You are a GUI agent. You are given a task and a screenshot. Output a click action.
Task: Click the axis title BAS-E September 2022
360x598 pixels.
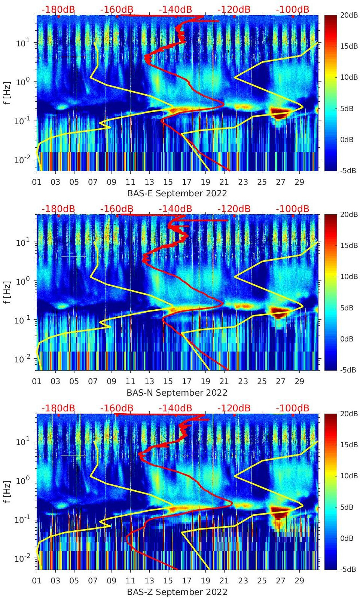pyautogui.click(x=177, y=193)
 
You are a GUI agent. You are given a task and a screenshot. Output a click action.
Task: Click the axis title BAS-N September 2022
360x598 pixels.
pyautogui.click(x=177, y=393)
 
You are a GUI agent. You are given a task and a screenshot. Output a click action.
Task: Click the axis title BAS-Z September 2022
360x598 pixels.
pyautogui.click(x=177, y=592)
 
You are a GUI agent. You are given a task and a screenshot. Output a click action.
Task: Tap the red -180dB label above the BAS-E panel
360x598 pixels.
pyautogui.click(x=58, y=9)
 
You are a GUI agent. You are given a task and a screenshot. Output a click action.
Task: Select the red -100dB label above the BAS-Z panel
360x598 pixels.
pyautogui.click(x=293, y=408)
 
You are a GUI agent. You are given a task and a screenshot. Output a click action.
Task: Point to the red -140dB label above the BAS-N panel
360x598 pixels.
pyautogui.click(x=176, y=209)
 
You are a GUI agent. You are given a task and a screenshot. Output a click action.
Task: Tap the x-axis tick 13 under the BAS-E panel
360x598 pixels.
pyautogui.click(x=149, y=182)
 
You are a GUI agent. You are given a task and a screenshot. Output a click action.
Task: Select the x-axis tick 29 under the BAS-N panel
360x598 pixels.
pyautogui.click(x=299, y=381)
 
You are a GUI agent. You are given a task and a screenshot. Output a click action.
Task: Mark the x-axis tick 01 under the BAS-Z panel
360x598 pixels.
pyautogui.click(x=37, y=581)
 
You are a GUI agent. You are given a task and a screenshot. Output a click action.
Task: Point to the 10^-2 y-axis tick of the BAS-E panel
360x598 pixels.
pyautogui.click(x=21, y=160)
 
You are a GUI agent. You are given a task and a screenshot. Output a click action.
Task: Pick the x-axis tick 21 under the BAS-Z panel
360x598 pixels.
pyautogui.click(x=224, y=581)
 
